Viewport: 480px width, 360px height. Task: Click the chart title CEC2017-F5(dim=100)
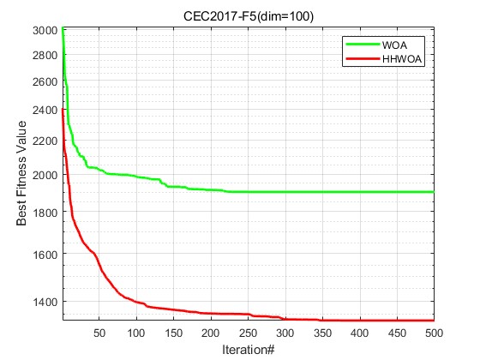click(247, 15)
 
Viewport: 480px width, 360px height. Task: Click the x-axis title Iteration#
click(247, 350)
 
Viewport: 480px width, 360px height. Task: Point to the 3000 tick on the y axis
click(45, 30)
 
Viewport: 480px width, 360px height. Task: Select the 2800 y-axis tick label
click(45, 55)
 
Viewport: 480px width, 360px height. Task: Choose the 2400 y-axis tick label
click(45, 111)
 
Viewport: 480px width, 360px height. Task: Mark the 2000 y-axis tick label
click(45, 175)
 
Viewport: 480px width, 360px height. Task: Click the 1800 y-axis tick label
click(45, 213)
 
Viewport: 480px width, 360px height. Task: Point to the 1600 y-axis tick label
click(45, 255)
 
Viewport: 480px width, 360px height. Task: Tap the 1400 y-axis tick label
click(45, 302)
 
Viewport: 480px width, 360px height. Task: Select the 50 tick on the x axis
click(99, 333)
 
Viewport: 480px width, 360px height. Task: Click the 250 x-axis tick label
click(249, 333)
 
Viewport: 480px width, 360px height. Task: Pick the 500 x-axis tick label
click(433, 333)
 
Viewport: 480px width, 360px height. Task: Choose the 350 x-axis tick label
click(322, 333)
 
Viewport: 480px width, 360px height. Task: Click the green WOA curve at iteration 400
click(360, 192)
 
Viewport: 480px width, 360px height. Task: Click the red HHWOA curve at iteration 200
click(211, 314)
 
